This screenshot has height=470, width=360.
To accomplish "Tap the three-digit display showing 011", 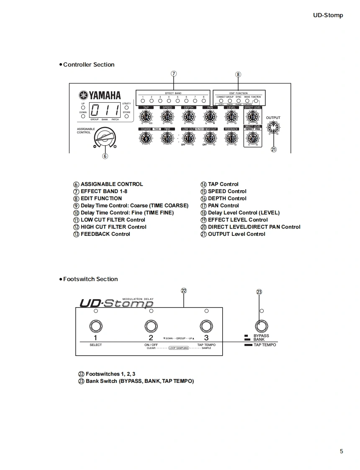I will point(105,111).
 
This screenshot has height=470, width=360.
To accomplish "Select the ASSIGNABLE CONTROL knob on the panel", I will point(104,137).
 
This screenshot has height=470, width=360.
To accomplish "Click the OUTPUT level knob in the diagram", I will point(273,127).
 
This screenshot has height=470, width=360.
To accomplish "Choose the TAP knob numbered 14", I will point(146,118).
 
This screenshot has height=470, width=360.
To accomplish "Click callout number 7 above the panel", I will point(174,74).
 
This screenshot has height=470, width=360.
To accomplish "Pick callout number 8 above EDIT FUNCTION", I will point(238,75).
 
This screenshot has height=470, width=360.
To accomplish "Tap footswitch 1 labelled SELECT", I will point(95,326).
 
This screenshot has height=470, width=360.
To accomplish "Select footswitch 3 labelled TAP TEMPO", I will point(206,326).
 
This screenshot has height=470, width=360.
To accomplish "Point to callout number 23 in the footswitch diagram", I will point(259,292).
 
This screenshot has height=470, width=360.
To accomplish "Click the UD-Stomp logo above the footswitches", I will point(116,303).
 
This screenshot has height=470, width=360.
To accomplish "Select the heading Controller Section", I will point(88,65).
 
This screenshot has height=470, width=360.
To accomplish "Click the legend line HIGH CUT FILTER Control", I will point(113,227).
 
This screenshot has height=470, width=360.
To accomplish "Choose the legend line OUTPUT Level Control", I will point(237,234).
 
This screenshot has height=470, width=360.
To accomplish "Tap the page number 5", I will point(341,451).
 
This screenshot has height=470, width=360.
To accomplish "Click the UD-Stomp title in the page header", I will point(328,15).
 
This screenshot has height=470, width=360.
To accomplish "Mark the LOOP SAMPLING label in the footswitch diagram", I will point(179,348).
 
